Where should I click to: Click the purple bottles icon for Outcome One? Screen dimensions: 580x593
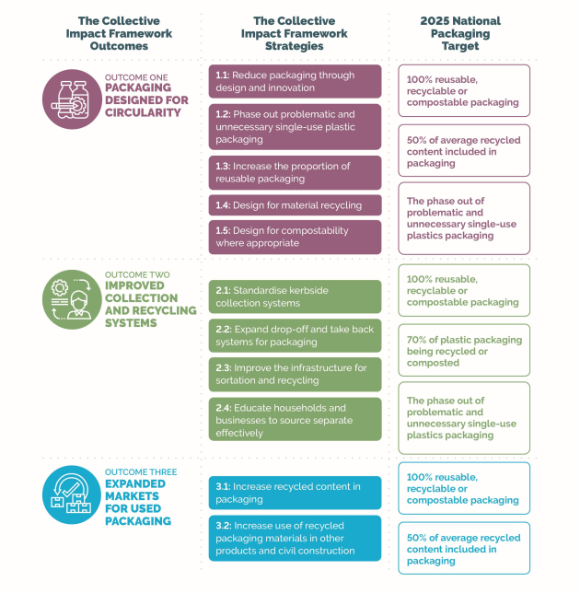[72, 99]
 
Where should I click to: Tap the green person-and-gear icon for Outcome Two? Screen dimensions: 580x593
[72, 299]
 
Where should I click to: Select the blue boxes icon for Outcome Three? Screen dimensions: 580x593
[72, 494]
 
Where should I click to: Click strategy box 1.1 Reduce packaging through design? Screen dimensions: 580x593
[295, 81]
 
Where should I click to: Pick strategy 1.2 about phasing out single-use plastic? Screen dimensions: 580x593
[295, 127]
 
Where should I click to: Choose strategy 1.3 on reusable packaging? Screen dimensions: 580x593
[295, 172]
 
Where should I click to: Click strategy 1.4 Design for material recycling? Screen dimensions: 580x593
[295, 205]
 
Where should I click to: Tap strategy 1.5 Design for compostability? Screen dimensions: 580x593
[295, 237]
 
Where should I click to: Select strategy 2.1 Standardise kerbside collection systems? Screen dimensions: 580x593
[295, 296]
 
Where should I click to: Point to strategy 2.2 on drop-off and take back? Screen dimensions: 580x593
[295, 335]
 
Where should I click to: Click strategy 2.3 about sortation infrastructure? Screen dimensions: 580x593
[295, 375]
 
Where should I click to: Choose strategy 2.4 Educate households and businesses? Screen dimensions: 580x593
[295, 419]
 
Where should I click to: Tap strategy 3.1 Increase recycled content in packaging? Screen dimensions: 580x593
[295, 493]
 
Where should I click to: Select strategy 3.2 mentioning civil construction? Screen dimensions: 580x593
[295, 538]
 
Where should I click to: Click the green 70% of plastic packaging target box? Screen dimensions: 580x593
[464, 350]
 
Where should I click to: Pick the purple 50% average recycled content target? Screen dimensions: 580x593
[464, 150]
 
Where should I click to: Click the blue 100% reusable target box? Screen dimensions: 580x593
[464, 488]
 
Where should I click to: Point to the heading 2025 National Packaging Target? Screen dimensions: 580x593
[460, 33]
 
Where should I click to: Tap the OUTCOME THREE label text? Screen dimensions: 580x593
[141, 472]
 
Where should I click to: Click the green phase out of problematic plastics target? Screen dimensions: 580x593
[464, 418]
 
